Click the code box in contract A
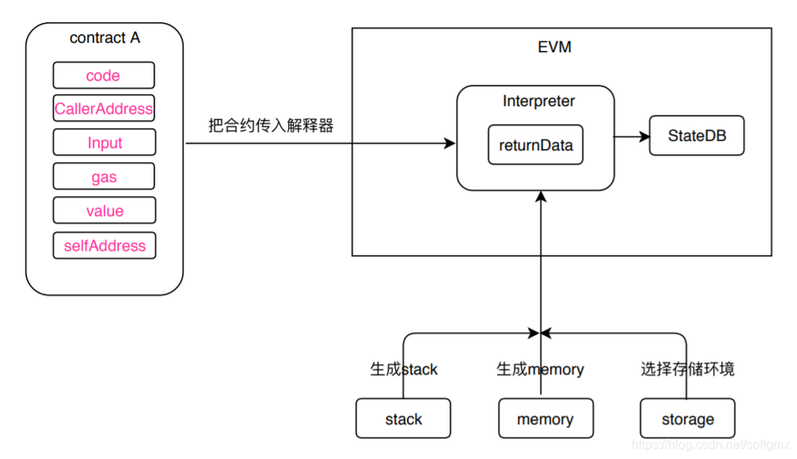(104, 76)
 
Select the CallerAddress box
(104, 109)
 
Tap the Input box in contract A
(104, 142)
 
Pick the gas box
(104, 177)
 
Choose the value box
(104, 211)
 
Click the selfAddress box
(104, 246)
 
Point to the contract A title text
(104, 38)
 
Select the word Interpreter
(539, 101)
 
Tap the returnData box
(535, 145)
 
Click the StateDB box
(696, 136)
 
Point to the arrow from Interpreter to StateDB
(631, 136)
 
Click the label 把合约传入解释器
(271, 126)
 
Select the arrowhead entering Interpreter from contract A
(451, 143)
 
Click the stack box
(403, 419)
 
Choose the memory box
(545, 419)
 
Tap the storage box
(687, 419)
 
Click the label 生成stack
(404, 370)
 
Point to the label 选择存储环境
(687, 370)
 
